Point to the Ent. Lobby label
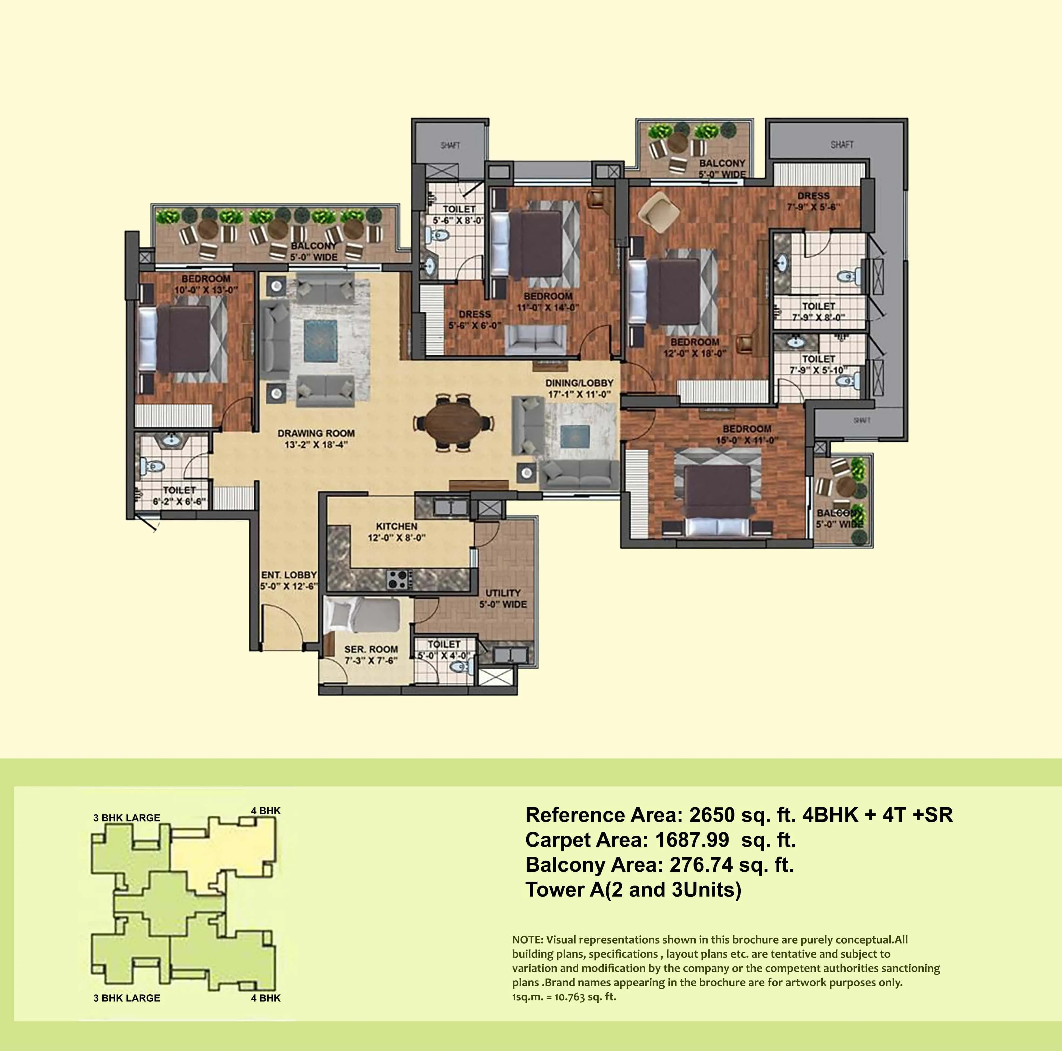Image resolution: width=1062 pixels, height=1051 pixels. click(x=289, y=580)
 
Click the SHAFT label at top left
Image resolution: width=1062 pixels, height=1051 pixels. click(x=450, y=145)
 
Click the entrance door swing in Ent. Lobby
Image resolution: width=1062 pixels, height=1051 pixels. click(x=283, y=624)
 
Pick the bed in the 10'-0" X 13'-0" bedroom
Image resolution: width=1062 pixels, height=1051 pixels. click(x=181, y=339)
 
